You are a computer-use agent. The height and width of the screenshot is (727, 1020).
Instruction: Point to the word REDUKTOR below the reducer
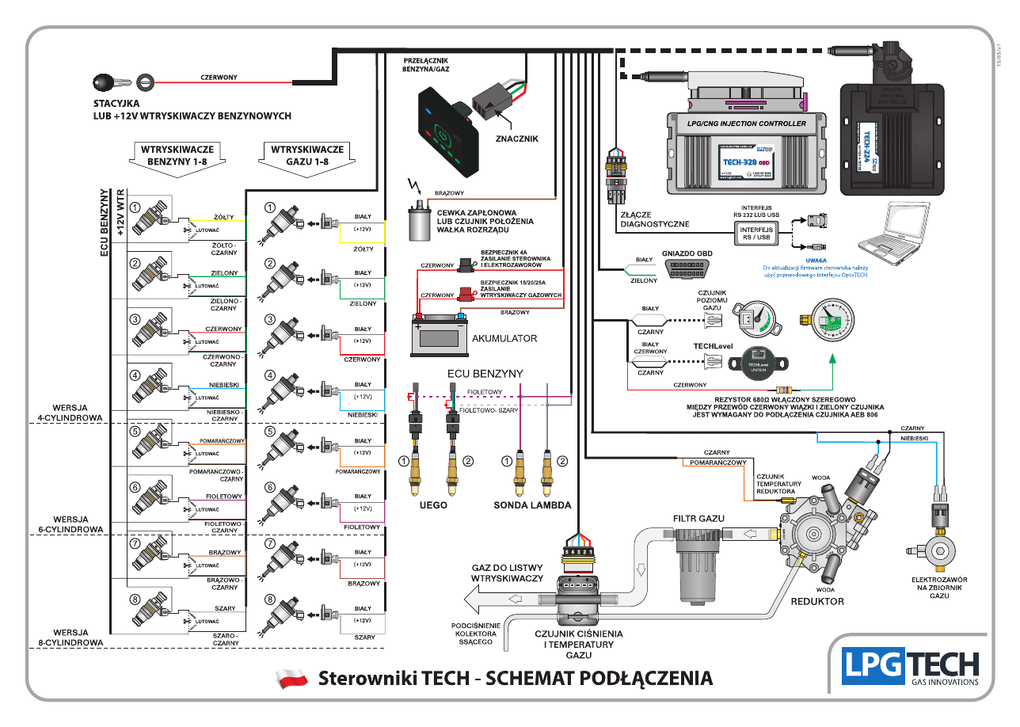click(x=817, y=601)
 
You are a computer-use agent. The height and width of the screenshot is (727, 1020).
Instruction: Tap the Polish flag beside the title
click(x=291, y=679)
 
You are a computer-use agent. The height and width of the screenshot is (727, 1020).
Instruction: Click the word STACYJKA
click(x=116, y=103)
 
